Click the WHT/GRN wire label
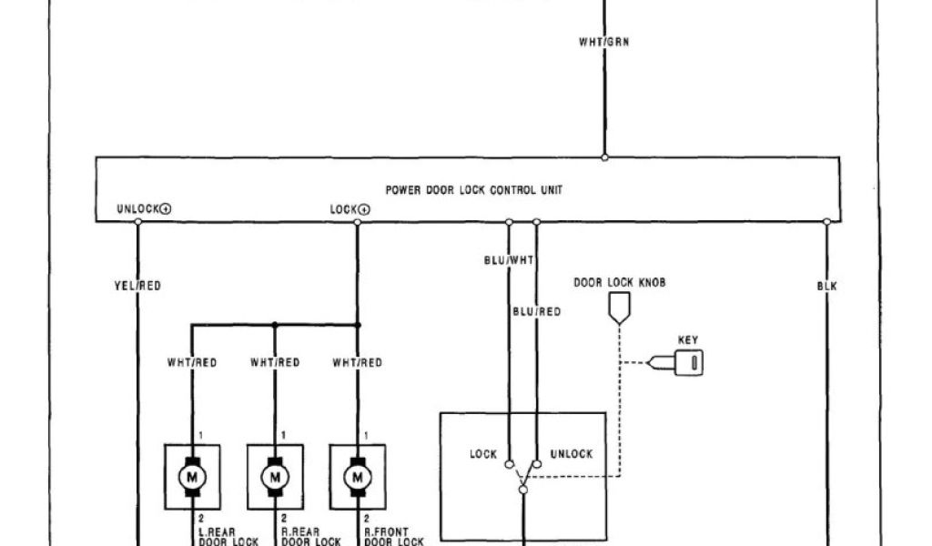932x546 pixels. (x=603, y=42)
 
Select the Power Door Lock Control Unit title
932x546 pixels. (x=474, y=191)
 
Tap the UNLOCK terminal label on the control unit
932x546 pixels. (x=144, y=209)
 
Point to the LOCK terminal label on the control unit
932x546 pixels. (x=349, y=209)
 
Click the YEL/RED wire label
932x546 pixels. (x=138, y=286)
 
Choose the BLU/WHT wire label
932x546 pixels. (x=509, y=260)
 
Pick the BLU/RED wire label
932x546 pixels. (x=536, y=311)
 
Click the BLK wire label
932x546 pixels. (x=826, y=286)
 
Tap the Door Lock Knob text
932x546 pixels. (x=619, y=283)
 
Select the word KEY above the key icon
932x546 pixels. (x=688, y=340)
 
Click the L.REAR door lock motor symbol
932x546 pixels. (x=192, y=475)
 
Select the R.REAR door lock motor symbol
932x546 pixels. (x=274, y=475)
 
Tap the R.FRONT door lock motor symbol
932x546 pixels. (x=356, y=475)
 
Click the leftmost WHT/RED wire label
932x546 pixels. (x=192, y=362)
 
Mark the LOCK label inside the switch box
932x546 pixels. (x=483, y=454)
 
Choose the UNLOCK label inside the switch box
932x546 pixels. (x=572, y=454)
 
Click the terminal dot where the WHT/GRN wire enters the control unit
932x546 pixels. (x=603, y=157)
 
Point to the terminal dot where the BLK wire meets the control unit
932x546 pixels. (x=826, y=221)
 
